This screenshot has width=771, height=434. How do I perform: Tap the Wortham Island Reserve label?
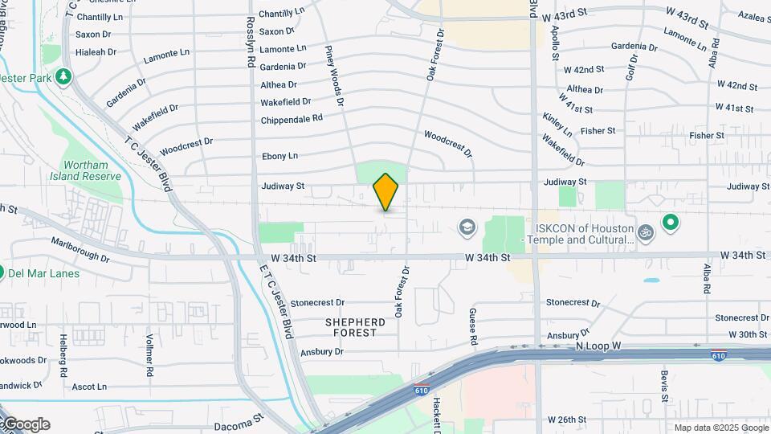85,170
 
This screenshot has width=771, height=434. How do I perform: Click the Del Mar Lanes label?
44,273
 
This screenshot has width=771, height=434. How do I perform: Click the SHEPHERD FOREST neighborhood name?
355,327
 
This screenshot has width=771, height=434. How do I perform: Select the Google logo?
27,424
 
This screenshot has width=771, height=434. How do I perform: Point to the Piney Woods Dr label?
334,76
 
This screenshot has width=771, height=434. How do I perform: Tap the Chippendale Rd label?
292,119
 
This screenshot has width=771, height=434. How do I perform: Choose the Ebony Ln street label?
280,156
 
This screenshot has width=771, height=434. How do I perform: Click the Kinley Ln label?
557,124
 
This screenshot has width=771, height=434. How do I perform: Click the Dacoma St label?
239,420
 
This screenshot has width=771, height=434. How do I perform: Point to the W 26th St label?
567,420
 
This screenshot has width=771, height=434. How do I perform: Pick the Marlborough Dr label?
80,249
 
